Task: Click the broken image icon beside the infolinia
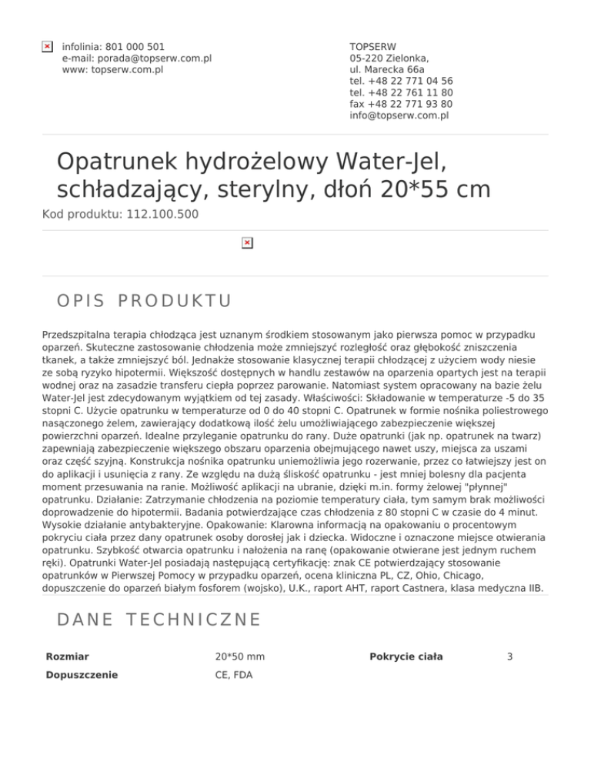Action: pyautogui.click(x=47, y=47)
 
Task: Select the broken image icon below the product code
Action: pyautogui.click(x=246, y=243)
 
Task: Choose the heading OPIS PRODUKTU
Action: pyautogui.click(x=144, y=300)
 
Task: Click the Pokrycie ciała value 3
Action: pyautogui.click(x=510, y=656)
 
